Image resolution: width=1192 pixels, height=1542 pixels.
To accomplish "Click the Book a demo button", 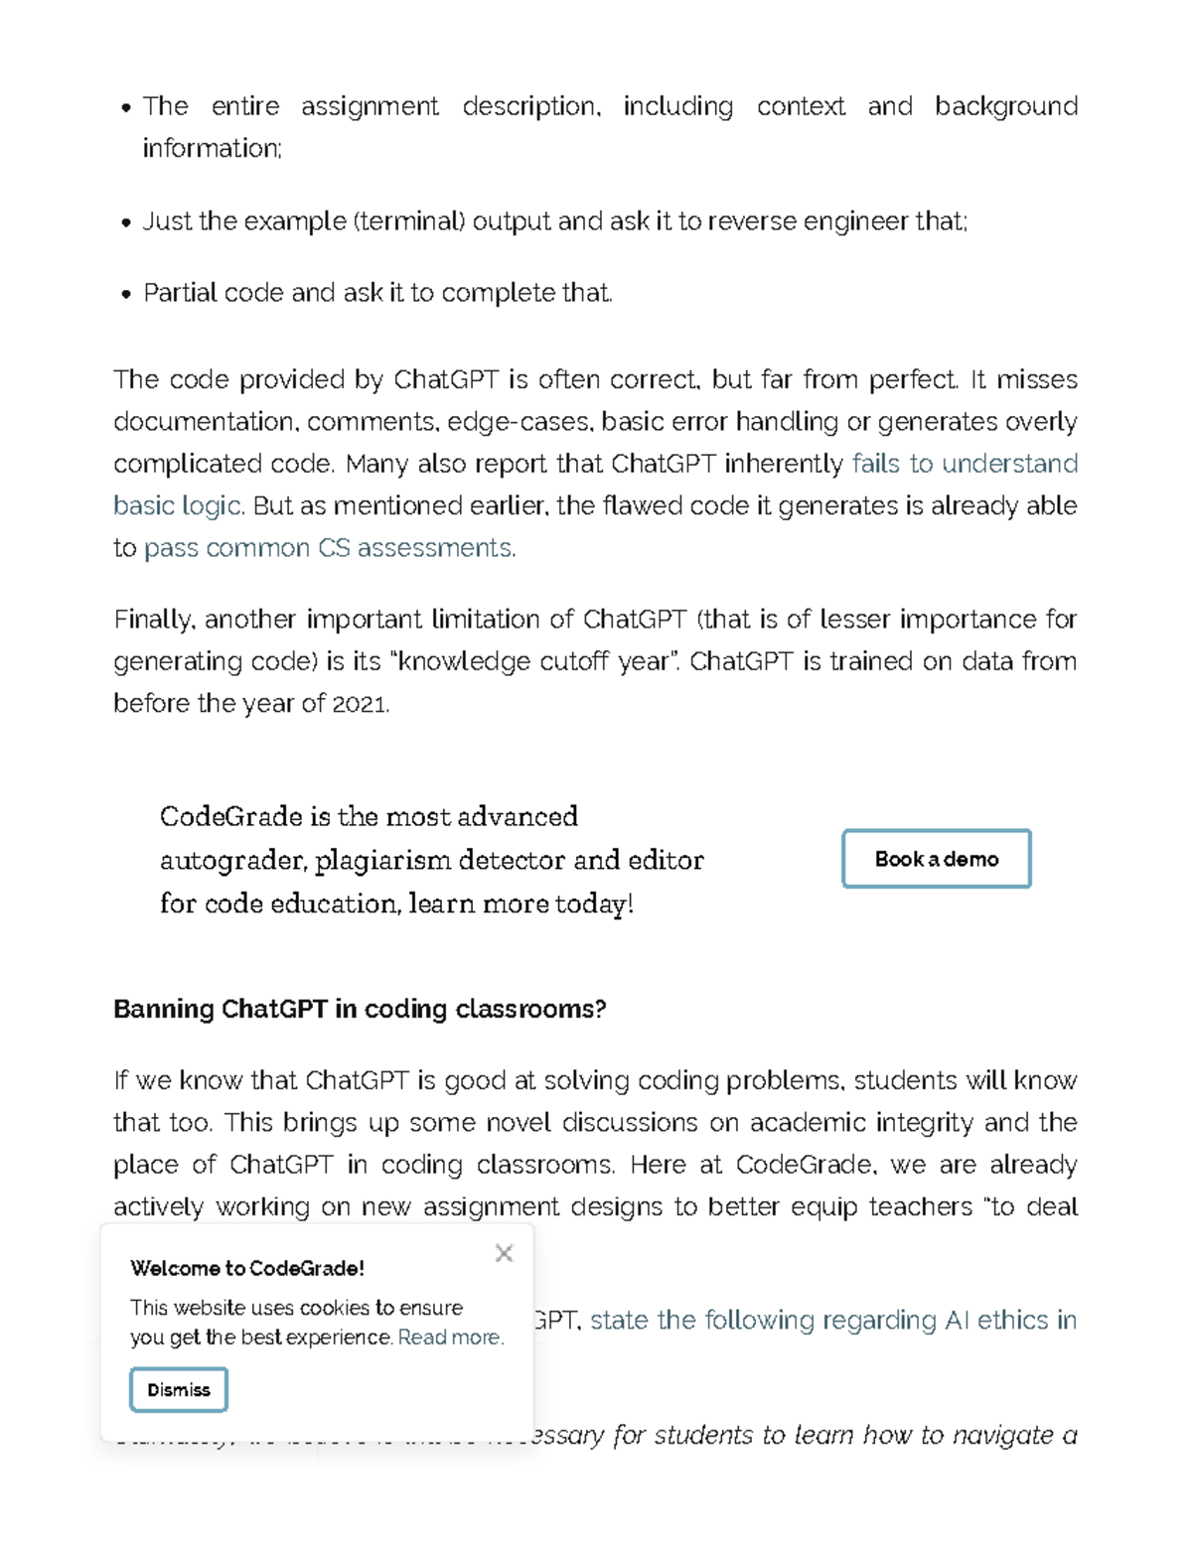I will [936, 859].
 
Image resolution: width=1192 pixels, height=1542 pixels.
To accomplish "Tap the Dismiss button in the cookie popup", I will [179, 1389].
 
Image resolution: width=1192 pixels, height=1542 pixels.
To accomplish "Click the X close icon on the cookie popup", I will [504, 1253].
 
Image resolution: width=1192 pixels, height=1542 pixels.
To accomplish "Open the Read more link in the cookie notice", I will [450, 1337].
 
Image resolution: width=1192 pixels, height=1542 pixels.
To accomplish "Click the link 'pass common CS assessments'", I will [329, 548].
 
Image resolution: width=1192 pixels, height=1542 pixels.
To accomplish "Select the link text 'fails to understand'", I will [965, 464].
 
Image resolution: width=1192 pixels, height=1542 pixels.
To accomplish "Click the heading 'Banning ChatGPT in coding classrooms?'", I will [360, 1009].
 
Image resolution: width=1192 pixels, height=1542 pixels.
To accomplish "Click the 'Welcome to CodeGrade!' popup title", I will [247, 1268].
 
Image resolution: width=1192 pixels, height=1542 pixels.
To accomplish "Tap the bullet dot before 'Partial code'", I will [126, 294].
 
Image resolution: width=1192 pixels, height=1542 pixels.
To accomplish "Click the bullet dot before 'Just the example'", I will [126, 222].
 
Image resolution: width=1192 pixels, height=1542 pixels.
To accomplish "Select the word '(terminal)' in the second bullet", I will [408, 220].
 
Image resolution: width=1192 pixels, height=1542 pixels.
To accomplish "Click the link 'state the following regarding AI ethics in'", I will [832, 1320].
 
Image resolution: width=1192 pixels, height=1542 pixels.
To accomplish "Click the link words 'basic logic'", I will [177, 506].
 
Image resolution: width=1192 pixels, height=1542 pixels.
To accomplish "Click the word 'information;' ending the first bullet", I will [213, 148].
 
